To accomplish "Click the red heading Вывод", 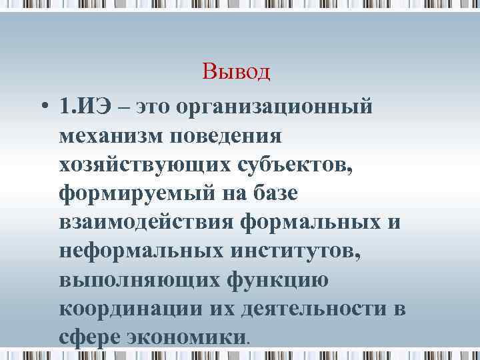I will coord(236,71).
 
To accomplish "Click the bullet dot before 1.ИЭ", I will coord(43,107).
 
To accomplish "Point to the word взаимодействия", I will coord(145,222).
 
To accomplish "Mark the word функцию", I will coord(273,280).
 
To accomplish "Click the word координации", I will coord(125,309).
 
